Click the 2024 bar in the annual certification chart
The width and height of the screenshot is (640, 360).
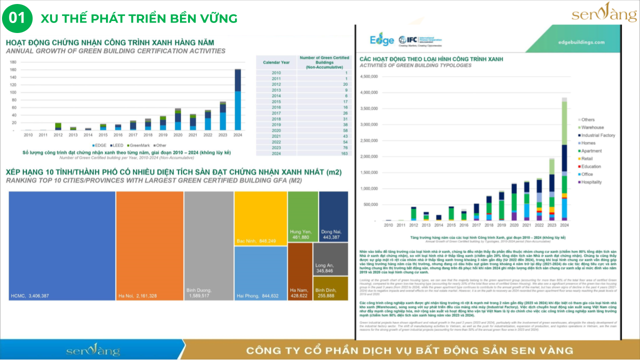[x=237, y=100]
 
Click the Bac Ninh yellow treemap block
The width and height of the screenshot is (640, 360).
[x=260, y=218]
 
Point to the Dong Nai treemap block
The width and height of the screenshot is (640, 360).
[x=333, y=216]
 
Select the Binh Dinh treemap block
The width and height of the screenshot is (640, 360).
[x=331, y=288]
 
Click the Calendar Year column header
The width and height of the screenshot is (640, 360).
[x=276, y=62]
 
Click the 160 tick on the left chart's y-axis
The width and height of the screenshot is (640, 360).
[x=13, y=70]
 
